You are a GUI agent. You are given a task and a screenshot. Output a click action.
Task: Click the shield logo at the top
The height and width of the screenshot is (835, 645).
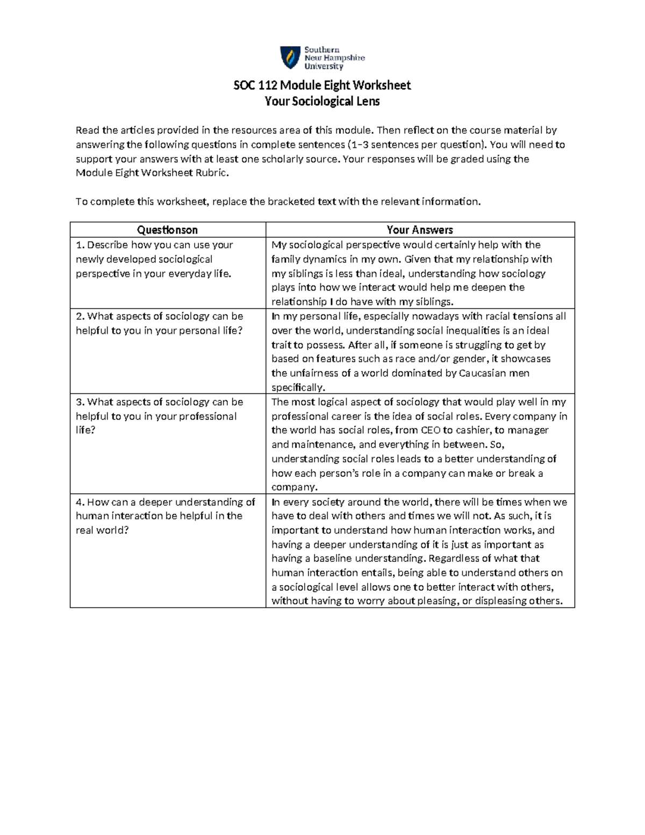[x=290, y=58]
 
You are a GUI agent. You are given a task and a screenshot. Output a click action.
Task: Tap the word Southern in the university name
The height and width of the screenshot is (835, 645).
[x=322, y=49]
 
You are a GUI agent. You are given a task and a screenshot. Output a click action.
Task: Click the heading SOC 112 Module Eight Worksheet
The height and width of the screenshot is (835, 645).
[x=322, y=85]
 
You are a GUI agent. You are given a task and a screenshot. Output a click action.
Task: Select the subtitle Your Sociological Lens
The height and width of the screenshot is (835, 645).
[x=322, y=101]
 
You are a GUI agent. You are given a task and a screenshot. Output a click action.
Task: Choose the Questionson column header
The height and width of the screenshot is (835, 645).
[x=167, y=230]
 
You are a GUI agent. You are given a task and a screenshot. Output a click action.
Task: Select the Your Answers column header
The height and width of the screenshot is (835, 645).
[x=420, y=230]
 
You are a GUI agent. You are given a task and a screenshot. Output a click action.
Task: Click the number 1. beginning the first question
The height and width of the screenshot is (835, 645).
[x=80, y=245]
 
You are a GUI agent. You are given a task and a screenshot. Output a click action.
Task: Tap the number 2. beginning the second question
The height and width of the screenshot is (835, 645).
[x=80, y=316]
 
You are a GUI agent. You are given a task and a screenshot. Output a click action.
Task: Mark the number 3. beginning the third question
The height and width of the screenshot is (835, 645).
[x=80, y=402]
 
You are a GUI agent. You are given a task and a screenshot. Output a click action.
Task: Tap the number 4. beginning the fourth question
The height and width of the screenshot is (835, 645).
[x=80, y=502]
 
